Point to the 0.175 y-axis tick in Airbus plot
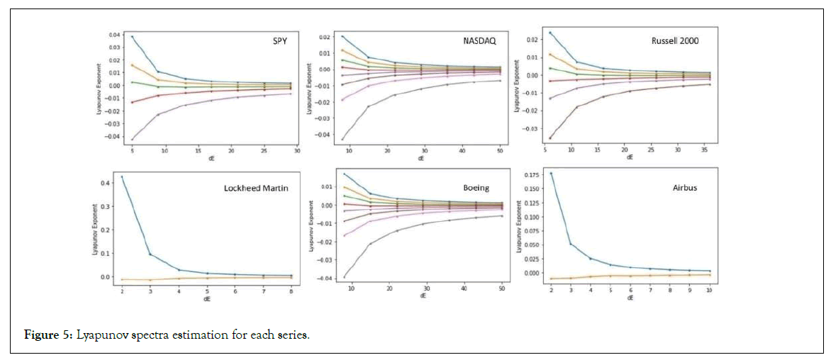pos(532,174)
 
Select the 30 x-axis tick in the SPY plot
pos(297,151)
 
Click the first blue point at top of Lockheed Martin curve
pos(122,176)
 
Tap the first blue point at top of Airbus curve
pos(551,174)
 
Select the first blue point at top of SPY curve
pos(133,36)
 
